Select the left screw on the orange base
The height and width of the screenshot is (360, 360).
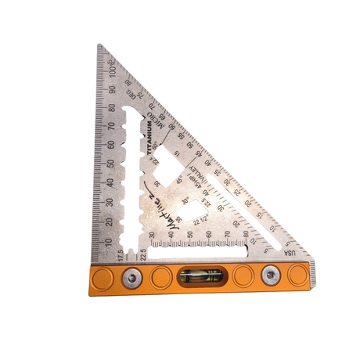click(131, 275)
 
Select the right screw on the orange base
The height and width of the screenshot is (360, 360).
click(272, 275)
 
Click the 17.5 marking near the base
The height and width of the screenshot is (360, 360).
click(120, 254)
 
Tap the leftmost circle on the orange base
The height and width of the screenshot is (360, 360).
click(103, 275)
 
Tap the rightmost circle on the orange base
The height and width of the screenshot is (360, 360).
click(297, 275)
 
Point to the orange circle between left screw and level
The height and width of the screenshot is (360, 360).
click(160, 275)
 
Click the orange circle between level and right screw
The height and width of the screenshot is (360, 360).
click(243, 275)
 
